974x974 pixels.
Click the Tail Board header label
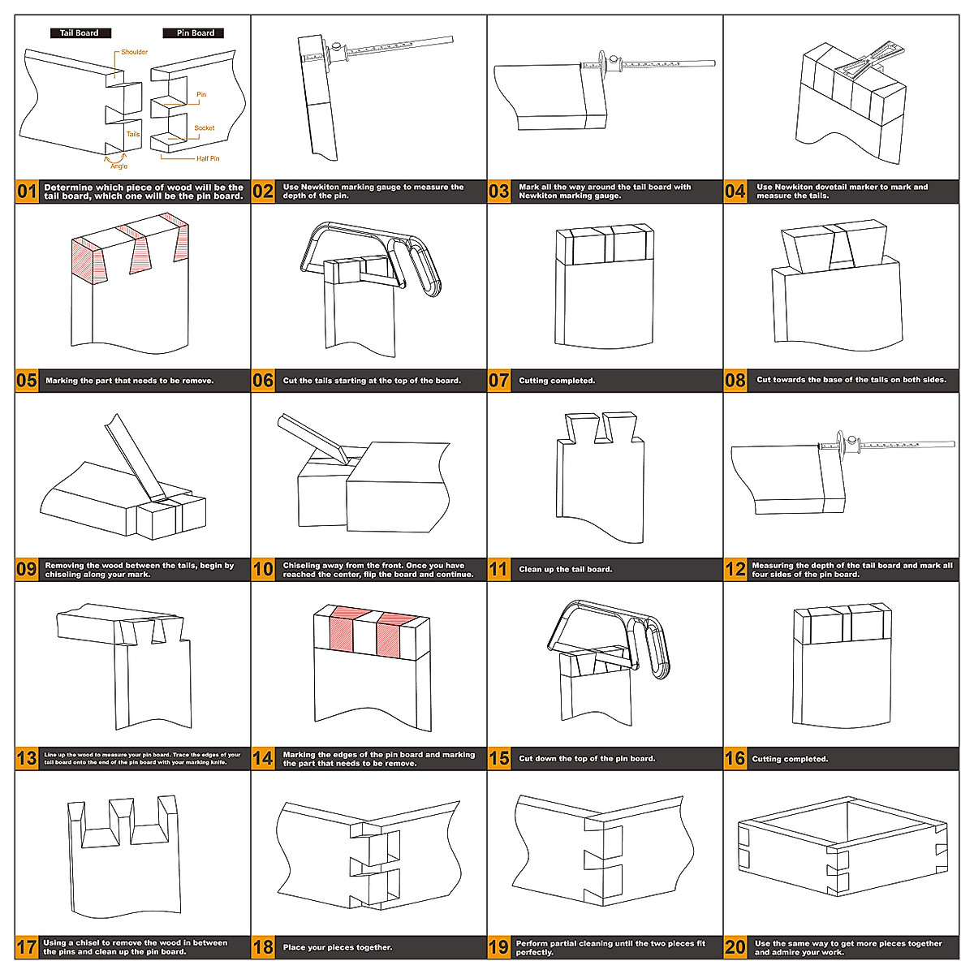pos(79,33)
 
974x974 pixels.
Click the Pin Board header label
pos(196,33)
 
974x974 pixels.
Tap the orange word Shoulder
pos(135,52)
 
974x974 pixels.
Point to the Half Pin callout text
pos(208,159)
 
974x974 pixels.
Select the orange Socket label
pos(205,128)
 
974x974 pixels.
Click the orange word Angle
pos(119,166)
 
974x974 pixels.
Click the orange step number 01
pos(27,192)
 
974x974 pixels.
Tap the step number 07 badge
pos(499,381)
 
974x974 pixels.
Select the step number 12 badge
pos(735,570)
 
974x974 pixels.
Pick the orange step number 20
pos(735,947)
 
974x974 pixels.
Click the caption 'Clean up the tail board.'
pos(566,570)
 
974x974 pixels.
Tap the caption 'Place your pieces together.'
pos(338,947)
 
